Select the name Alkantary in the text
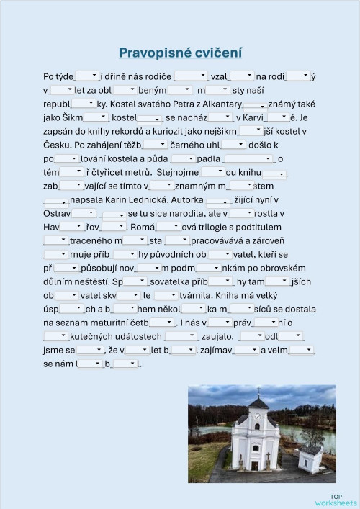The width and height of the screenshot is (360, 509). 217,104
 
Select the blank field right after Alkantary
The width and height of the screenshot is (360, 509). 254,104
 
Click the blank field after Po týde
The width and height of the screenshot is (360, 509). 86,76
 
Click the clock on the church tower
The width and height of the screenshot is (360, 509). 257,416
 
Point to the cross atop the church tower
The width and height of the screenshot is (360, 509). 257,391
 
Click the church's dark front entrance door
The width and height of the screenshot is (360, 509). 256,465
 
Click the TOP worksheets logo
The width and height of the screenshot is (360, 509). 335,500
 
